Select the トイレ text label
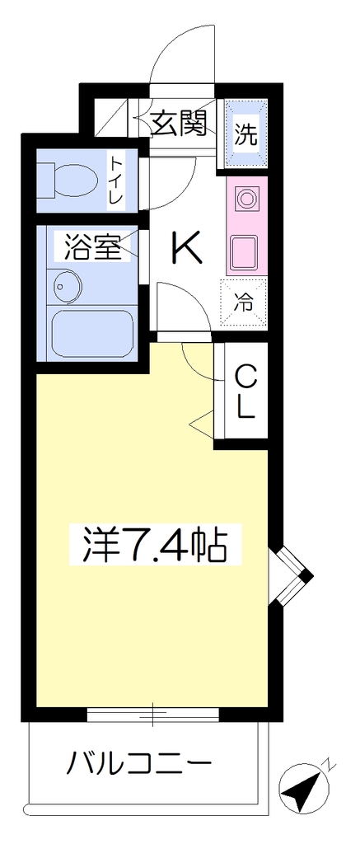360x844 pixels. (x=115, y=180)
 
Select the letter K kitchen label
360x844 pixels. (x=187, y=247)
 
